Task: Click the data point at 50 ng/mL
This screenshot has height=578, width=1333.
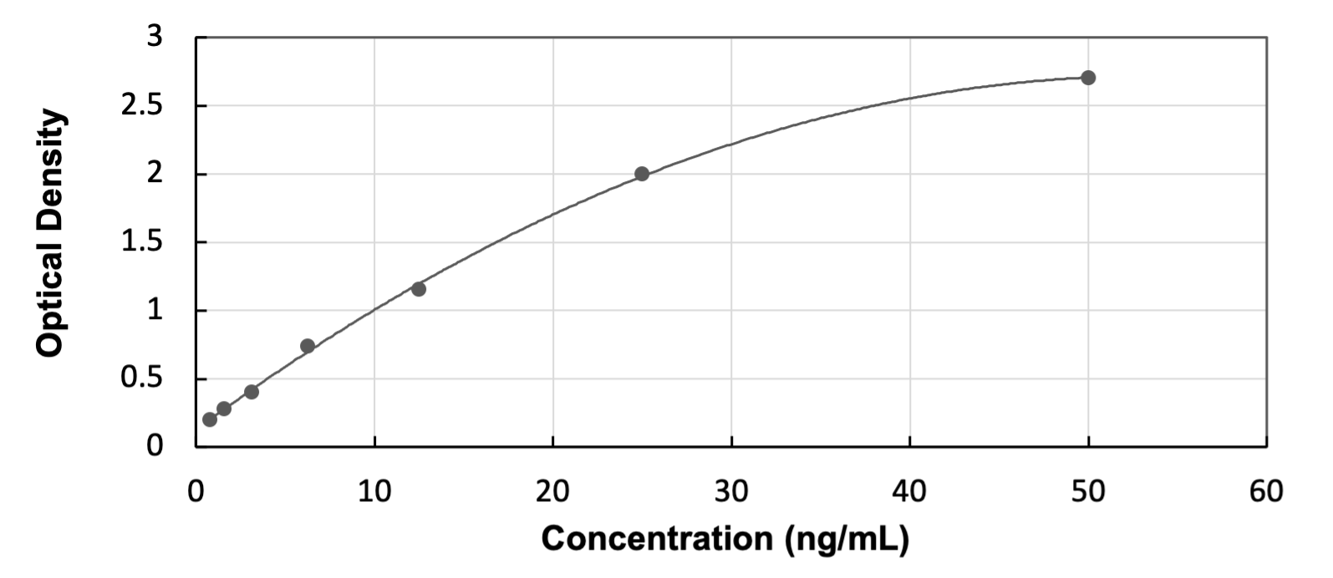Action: [1088, 78]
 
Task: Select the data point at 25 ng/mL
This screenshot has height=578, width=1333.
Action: [642, 174]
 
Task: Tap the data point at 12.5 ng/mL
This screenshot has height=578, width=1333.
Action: [419, 289]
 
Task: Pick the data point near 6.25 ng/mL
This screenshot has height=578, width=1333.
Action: [308, 346]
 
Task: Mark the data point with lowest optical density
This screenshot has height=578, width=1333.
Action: [210, 419]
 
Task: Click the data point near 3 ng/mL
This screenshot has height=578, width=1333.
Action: [252, 392]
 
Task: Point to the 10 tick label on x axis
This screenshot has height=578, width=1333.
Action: [374, 492]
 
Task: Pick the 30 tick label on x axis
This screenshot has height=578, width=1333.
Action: [731, 492]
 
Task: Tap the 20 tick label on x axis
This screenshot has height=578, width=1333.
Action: [552, 492]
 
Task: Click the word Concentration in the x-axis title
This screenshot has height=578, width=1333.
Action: [659, 539]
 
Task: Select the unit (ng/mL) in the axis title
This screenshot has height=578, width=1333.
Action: [846, 540]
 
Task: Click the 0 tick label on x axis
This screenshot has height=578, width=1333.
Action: [196, 492]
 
